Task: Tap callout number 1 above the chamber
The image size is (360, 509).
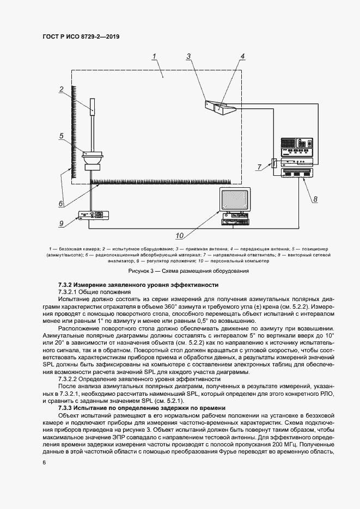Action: (x=155, y=56)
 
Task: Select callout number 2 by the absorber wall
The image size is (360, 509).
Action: (x=62, y=89)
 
